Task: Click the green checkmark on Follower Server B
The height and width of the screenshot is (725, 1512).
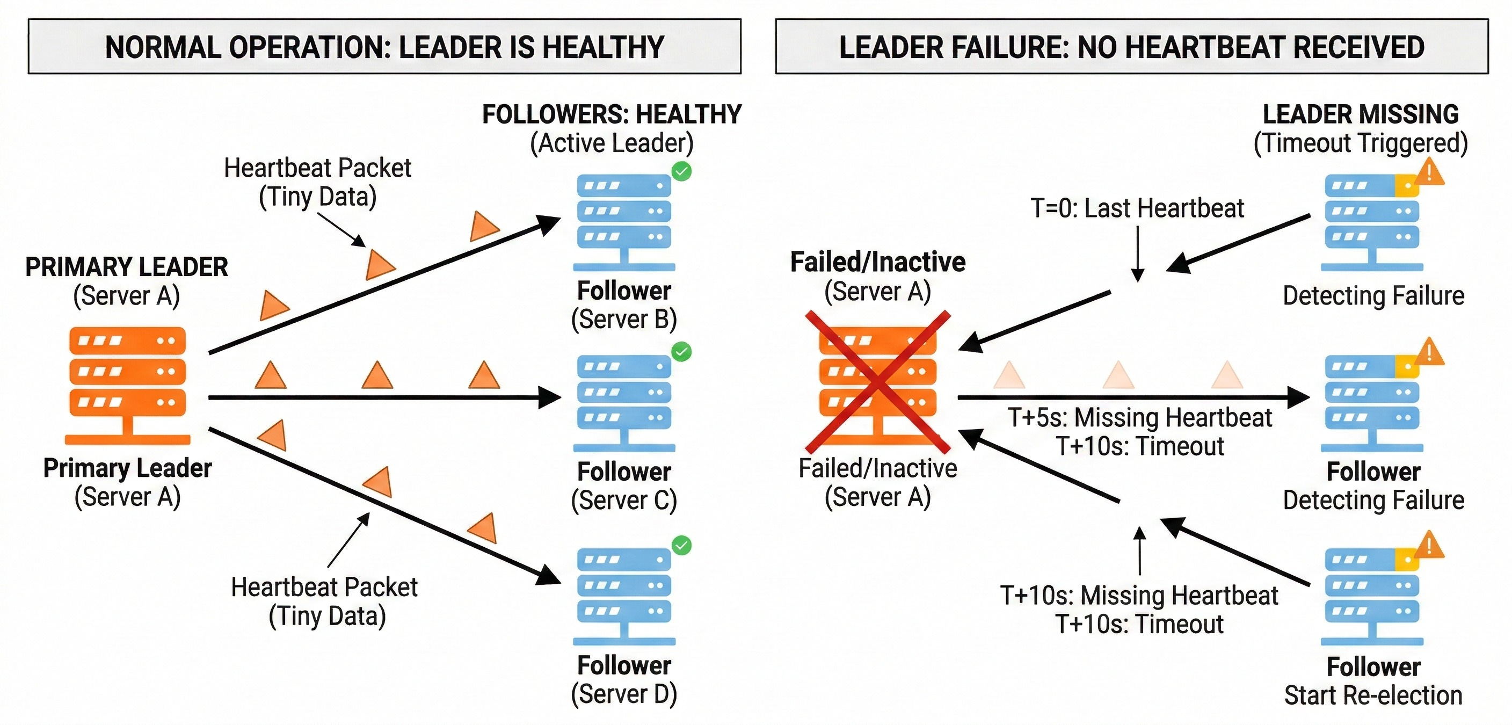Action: [681, 171]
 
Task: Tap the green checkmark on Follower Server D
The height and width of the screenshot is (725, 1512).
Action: [681, 546]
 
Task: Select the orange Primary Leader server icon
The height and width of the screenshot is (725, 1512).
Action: [127, 385]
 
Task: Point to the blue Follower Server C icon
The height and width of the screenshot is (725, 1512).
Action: [624, 402]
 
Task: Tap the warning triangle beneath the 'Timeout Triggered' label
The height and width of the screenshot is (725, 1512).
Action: [1429, 172]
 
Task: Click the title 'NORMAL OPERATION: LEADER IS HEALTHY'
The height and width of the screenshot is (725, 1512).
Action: [384, 47]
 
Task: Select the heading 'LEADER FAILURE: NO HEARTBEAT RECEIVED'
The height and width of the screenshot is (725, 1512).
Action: [1132, 47]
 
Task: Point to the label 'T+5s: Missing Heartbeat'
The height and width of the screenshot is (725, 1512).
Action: [1140, 417]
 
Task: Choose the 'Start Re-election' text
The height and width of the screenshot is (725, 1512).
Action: [1373, 695]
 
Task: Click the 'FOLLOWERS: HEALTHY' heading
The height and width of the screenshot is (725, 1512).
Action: [612, 114]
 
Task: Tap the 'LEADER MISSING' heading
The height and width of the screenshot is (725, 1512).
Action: [1361, 114]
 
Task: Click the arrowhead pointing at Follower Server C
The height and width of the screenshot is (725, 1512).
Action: [550, 398]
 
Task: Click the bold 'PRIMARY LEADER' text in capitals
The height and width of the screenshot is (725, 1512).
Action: [126, 267]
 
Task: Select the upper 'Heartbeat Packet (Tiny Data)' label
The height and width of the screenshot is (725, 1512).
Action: [317, 182]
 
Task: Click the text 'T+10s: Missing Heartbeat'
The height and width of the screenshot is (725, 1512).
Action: [1139, 595]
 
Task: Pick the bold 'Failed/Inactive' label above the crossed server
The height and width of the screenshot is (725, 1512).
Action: [877, 262]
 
